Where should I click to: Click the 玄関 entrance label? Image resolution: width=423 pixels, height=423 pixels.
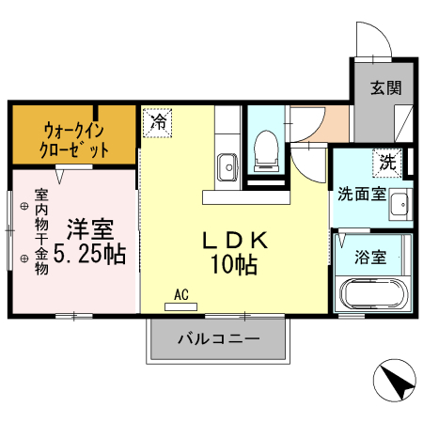385,88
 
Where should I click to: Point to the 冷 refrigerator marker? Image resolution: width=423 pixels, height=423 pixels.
159,121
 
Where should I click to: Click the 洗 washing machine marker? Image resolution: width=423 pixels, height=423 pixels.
387,161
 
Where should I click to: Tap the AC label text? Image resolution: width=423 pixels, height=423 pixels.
180,294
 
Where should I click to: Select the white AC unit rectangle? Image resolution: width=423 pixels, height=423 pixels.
180,305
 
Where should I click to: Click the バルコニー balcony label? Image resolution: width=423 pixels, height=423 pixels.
218,337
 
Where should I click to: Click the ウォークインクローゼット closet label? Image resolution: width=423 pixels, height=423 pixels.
74,140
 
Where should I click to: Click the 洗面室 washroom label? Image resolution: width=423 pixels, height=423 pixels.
362,195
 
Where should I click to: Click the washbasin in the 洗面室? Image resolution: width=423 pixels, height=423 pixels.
399,202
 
